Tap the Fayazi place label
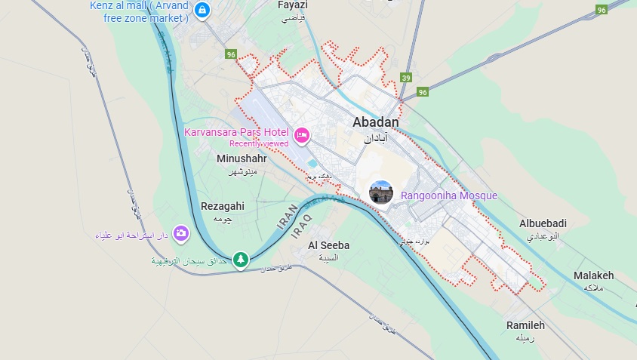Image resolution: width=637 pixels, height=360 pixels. click(294, 5)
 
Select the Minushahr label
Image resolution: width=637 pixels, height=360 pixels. click(242, 158)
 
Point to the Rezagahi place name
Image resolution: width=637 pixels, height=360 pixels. click(223, 205)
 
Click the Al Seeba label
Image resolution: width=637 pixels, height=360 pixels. click(329, 245)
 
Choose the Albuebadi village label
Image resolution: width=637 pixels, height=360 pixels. click(543, 223)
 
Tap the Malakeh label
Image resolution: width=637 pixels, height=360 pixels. click(593, 275)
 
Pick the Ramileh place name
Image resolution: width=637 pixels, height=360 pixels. click(526, 325)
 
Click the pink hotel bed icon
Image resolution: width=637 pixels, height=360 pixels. click(302, 135)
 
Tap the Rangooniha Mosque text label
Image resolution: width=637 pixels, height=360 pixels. click(449, 195)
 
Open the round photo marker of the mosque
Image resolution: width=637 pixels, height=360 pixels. click(381, 192)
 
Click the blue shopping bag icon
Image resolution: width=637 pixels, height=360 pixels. click(202, 10)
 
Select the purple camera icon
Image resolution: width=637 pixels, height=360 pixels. click(181, 232)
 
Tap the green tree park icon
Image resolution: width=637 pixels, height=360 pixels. click(240, 260)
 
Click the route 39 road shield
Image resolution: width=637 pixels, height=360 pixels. click(406, 78)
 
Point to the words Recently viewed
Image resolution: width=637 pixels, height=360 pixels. click(259, 143)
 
